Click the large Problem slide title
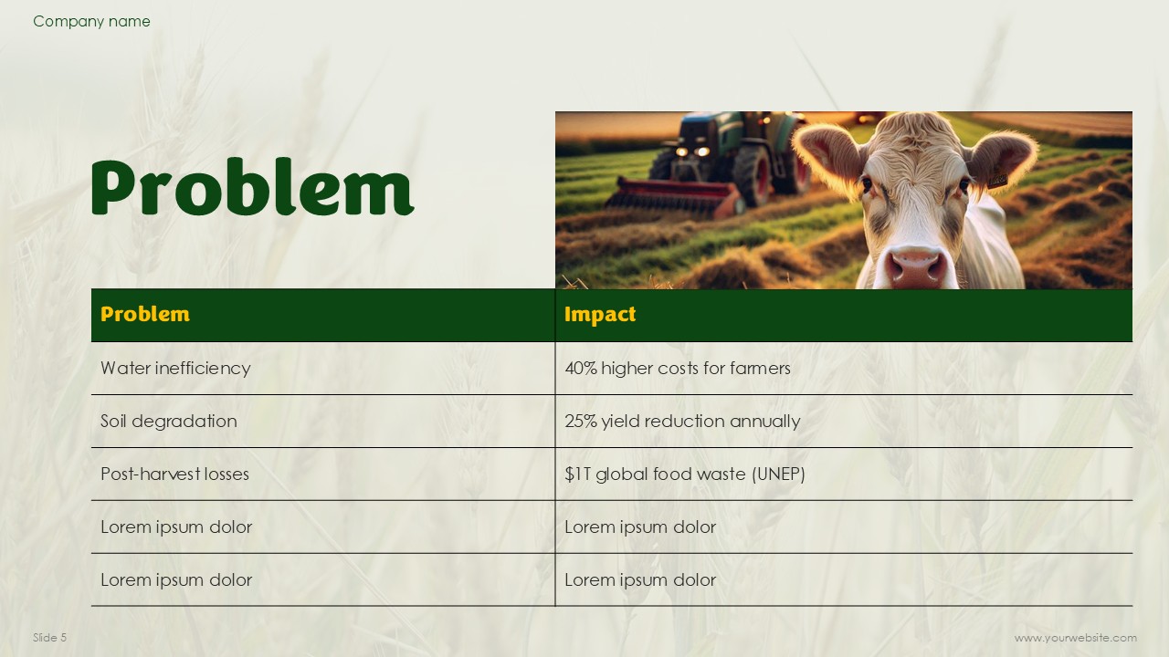point(253,188)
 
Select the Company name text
point(91,21)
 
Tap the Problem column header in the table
point(145,315)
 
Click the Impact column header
point(600,315)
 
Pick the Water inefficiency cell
point(175,368)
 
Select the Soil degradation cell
point(169,421)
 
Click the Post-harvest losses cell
point(174,474)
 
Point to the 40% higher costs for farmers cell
point(678,368)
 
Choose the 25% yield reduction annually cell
point(682,422)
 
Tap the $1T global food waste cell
point(685,474)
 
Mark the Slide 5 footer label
point(49,637)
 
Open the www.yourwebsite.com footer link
point(1076,638)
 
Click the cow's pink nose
point(916,266)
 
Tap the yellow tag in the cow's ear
point(997,180)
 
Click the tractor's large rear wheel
point(753,173)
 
